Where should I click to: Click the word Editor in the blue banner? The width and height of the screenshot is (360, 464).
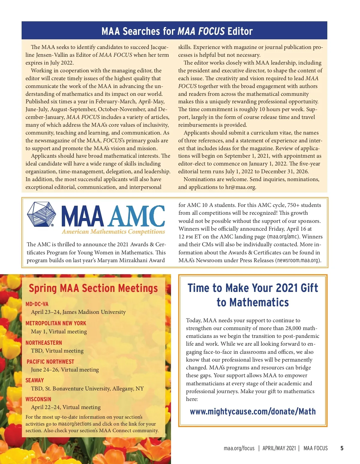[x=240, y=31]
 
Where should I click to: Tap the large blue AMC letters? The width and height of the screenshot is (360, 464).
[x=136, y=216]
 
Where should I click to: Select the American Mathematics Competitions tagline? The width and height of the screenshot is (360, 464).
[x=113, y=232]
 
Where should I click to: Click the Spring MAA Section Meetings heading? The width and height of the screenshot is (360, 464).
[x=93, y=288]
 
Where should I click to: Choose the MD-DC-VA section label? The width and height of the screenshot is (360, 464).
[x=37, y=304]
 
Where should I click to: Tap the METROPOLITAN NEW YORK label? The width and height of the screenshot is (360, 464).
[x=56, y=323]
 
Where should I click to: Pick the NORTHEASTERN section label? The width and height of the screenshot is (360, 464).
[x=44, y=343]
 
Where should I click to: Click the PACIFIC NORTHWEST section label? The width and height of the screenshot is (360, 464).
[x=50, y=362]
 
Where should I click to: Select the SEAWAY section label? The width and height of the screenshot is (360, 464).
[x=34, y=380]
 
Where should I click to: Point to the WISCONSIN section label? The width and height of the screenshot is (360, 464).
[x=38, y=399]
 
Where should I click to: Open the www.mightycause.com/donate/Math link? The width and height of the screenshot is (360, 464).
[x=253, y=411]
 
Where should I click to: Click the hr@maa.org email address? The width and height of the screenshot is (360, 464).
[x=240, y=187]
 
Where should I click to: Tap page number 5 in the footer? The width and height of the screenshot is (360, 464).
[x=342, y=448]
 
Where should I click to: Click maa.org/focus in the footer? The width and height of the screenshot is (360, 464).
[x=239, y=448]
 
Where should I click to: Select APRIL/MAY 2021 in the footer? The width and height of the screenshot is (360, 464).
[x=279, y=448]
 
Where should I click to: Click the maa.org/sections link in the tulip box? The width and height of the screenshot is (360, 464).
[x=75, y=424]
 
